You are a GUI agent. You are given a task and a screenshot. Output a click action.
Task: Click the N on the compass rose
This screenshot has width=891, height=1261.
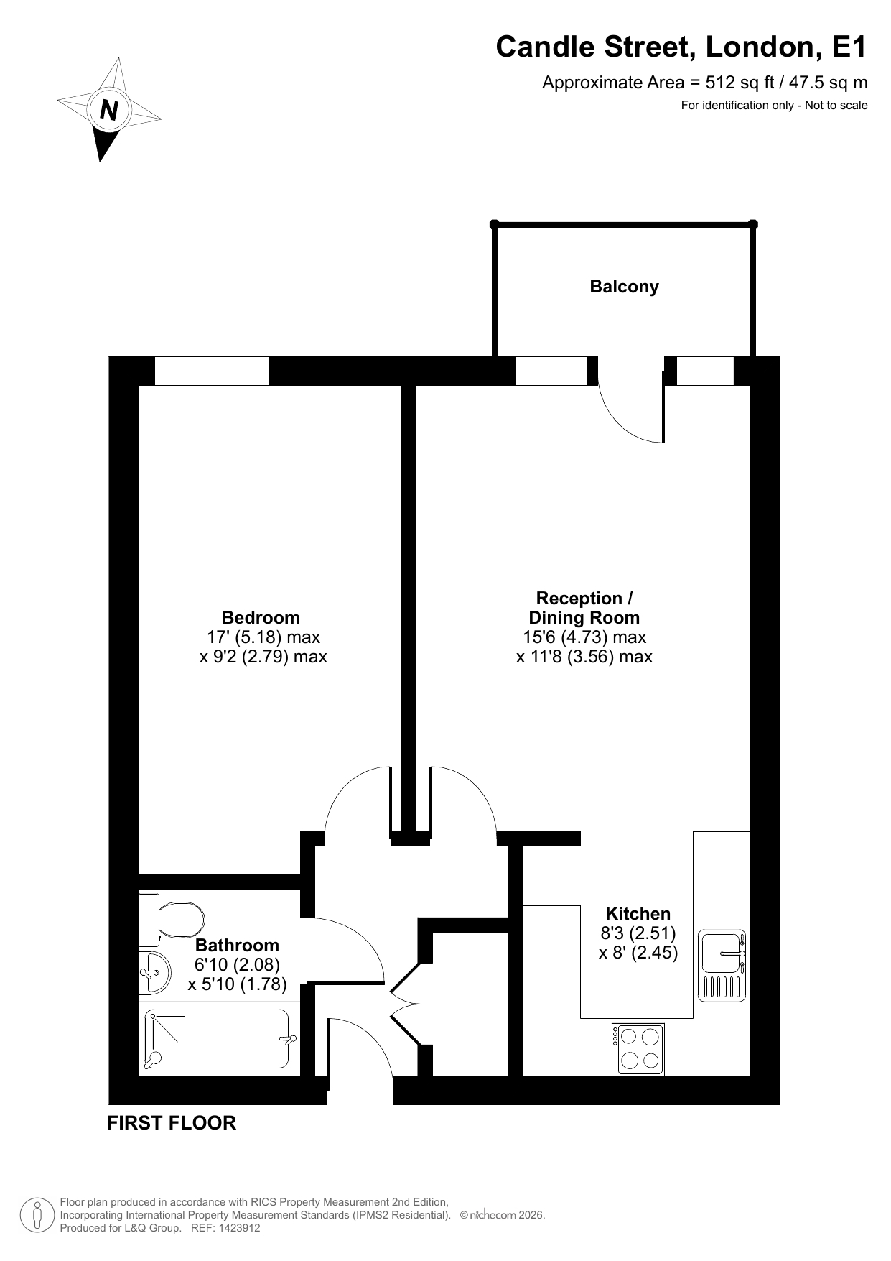109,111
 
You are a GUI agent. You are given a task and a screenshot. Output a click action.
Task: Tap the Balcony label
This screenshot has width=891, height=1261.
624,287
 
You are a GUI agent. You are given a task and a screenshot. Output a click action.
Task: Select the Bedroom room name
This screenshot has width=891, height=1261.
261,617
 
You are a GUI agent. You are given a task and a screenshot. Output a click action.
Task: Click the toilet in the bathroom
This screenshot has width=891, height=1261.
172,920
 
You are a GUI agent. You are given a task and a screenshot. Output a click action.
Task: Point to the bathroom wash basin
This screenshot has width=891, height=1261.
154,973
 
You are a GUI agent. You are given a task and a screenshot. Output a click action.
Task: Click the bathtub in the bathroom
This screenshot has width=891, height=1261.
219,1038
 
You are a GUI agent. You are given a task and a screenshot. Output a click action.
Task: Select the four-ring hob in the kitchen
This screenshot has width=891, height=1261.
638,1049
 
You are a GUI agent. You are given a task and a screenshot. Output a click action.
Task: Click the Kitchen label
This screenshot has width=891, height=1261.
638,914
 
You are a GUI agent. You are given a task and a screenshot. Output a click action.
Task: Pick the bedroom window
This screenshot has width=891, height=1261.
212,371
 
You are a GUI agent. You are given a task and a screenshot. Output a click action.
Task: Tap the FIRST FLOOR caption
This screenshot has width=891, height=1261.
172,1123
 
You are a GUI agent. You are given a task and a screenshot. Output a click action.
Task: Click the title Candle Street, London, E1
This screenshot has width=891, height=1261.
681,47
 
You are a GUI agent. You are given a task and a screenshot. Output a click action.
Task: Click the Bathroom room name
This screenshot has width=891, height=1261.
237,946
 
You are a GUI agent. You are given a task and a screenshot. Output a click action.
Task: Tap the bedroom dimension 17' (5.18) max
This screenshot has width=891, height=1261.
263,637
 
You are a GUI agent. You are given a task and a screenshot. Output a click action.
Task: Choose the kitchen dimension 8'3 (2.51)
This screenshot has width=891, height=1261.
638,934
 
